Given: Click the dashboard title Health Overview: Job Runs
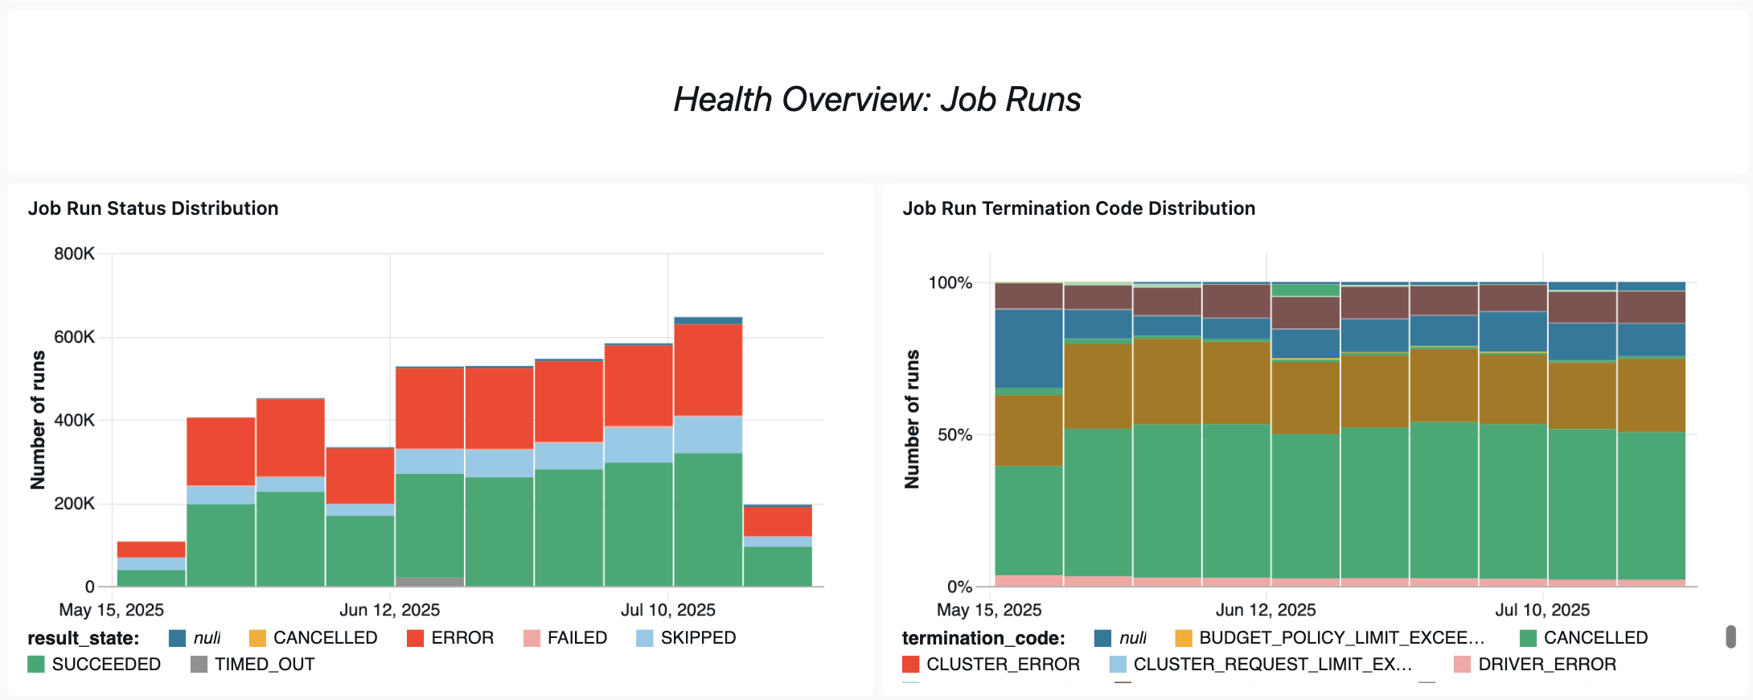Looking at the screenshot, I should pyautogui.click(x=876, y=100).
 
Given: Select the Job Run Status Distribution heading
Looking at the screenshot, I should pyautogui.click(x=153, y=208).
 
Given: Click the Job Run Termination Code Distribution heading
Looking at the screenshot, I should pyautogui.click(x=1078, y=208).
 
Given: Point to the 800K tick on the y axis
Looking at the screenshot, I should pyautogui.click(x=74, y=254).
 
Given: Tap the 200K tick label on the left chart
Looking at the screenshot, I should pyautogui.click(x=74, y=504).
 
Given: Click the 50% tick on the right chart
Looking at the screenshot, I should pyautogui.click(x=955, y=435).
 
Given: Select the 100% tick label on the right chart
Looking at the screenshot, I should pyautogui.click(x=950, y=283).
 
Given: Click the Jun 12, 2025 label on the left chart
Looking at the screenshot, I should pyautogui.click(x=389, y=610).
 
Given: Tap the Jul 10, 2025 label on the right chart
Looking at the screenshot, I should pyautogui.click(x=1542, y=610).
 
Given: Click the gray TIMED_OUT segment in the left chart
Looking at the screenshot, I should pyautogui.click(x=429, y=581).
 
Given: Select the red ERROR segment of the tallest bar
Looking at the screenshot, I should pyautogui.click(x=708, y=370).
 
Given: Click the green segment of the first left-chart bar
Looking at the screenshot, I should pyautogui.click(x=151, y=578).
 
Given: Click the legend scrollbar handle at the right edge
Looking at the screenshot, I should pyautogui.click(x=1730, y=636).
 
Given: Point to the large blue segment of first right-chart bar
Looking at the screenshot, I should pyautogui.click(x=1028, y=348).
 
